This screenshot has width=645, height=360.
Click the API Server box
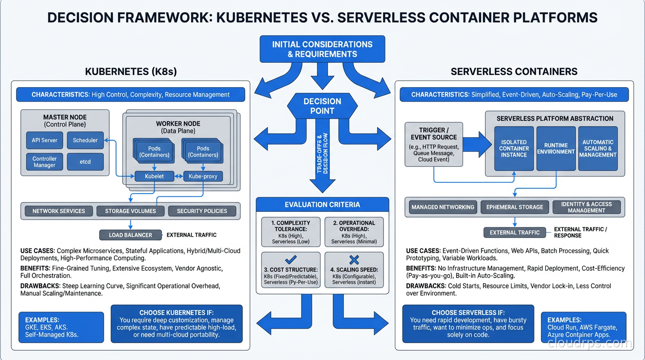pyautogui.click(x=45, y=140)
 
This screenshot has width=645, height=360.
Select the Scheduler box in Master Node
pyautogui.click(x=85, y=140)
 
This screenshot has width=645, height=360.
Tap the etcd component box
pyautogui.click(x=85, y=162)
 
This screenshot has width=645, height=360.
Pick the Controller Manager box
pyautogui.click(x=45, y=162)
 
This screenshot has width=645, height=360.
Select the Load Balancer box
pyautogui.click(x=130, y=235)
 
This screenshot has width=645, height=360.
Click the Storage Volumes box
pyautogui.click(x=130, y=211)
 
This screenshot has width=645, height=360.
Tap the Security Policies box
pyautogui.click(x=202, y=211)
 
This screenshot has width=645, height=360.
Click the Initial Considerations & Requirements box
pyautogui.click(x=322, y=49)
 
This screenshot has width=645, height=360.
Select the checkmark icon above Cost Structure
pyautogui.click(x=291, y=260)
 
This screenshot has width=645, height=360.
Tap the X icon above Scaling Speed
pyautogui.click(x=354, y=260)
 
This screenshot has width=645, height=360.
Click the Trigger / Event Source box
pyautogui.click(x=434, y=144)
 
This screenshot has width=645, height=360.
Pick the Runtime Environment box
pyautogui.click(x=556, y=149)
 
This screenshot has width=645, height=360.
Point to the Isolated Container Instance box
pyautogui.click(x=514, y=149)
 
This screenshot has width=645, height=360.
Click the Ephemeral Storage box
pyautogui.click(x=515, y=207)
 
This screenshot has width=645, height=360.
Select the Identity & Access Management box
pyautogui.click(x=586, y=207)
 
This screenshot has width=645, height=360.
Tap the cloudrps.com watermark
pyautogui.click(x=589, y=343)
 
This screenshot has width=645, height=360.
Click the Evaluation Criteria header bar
pyautogui.click(x=322, y=204)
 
